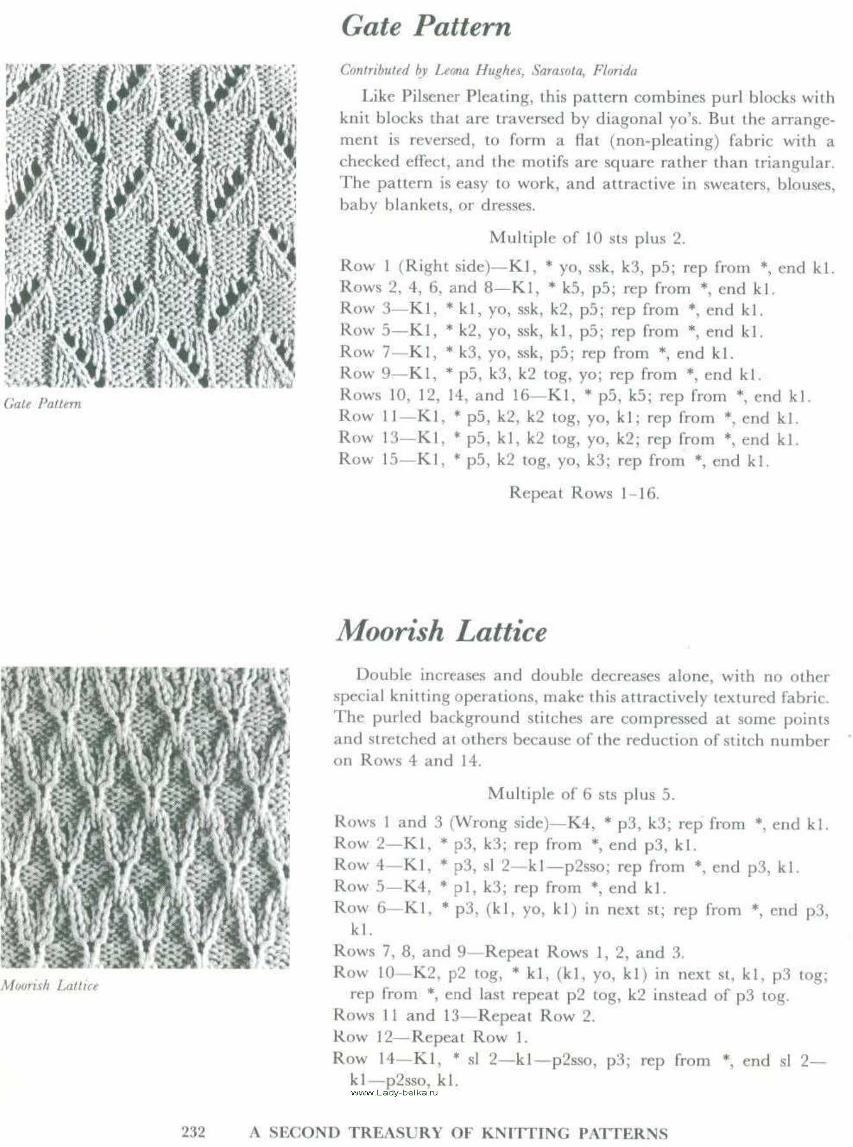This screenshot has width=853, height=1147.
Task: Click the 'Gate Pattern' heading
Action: coord(426,27)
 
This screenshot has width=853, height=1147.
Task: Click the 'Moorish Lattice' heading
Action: coord(441,631)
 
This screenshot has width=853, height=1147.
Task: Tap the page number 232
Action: coord(193,1132)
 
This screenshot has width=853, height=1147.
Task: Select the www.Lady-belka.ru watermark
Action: coord(395,1092)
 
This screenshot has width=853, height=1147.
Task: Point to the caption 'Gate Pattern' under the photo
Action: coord(43,403)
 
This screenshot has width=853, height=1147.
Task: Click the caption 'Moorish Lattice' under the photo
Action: coord(50,985)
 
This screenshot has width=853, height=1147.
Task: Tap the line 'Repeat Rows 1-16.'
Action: coord(583,493)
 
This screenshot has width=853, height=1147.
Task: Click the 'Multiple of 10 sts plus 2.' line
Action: coord(587,238)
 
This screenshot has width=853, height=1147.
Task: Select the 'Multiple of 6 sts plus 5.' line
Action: coord(581,794)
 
